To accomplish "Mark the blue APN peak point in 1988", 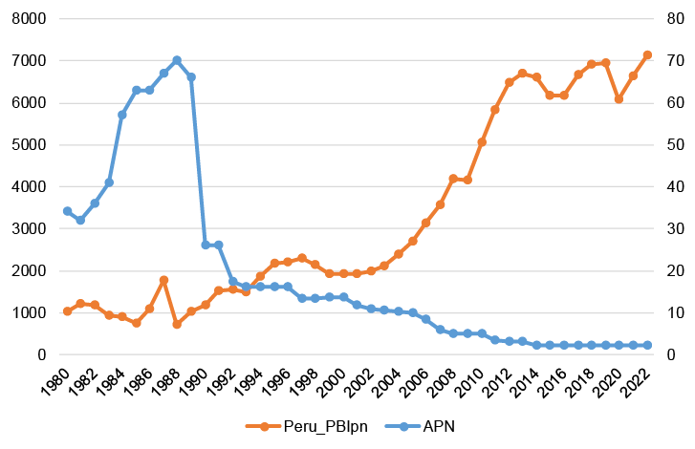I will pyautogui.click(x=177, y=60).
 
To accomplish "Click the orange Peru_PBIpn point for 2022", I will pyautogui.click(x=646, y=54).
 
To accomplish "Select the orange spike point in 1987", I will pyautogui.click(x=163, y=280).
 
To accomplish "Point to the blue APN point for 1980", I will pyautogui.click(x=67, y=211).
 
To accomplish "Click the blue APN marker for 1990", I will pyautogui.click(x=205, y=245).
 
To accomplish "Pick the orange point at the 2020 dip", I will pyautogui.click(x=619, y=98).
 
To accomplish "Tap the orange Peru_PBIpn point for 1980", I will pyautogui.click(x=67, y=311).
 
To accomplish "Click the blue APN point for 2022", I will pyautogui.click(x=646, y=345).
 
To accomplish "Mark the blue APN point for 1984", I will pyautogui.click(x=122, y=115).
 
